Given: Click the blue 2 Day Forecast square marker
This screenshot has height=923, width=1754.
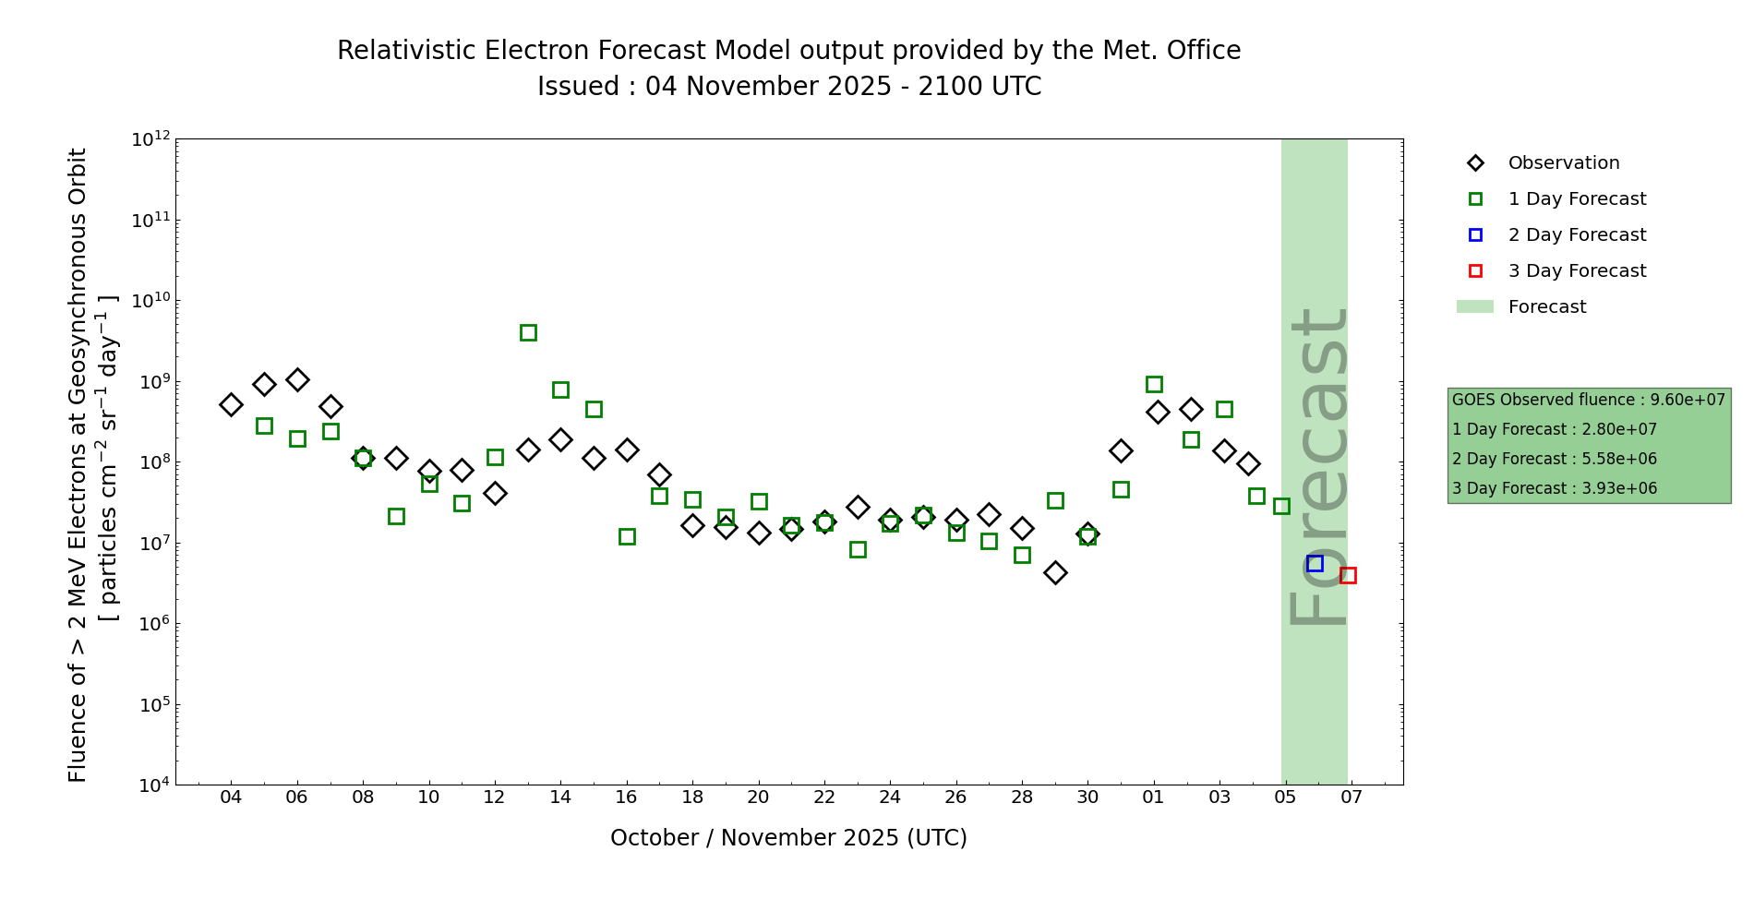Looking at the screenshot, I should coord(1315,563).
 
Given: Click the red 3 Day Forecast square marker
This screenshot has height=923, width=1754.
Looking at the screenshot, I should coord(1348,575).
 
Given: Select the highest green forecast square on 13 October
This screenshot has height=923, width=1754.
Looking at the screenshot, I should coord(528,332).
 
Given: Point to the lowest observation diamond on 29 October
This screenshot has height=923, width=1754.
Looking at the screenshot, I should coord(1055,572).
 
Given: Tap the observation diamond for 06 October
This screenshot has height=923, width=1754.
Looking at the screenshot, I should coord(297,379).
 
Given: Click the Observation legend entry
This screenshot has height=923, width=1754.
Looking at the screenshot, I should coord(1563,163).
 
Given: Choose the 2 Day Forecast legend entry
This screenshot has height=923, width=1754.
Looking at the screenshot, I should coord(1576,235).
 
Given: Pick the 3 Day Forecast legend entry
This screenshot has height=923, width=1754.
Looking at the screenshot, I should coord(1576,271).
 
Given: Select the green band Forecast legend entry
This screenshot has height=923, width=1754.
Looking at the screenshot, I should coord(1546,307).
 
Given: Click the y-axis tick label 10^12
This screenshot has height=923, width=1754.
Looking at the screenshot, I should coord(150,139).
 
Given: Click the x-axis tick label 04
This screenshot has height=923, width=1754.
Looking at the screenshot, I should coord(231,797).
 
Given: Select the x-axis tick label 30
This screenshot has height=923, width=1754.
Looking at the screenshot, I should coord(1087,797).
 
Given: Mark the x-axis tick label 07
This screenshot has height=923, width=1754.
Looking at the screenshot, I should coord(1352,797).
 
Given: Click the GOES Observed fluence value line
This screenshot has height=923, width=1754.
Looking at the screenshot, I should coord(1588,400).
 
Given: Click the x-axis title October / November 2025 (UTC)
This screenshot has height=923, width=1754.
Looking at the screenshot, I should coord(788,837).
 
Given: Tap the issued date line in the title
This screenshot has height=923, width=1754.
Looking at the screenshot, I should coord(788,87).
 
